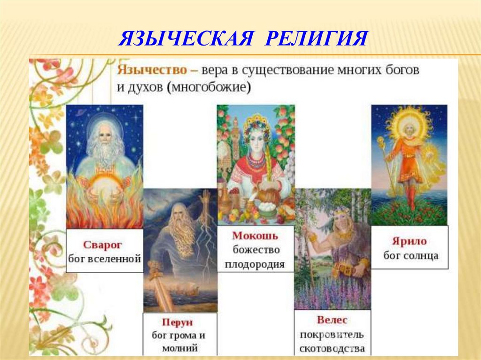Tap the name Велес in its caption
[x=332, y=320]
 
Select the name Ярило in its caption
[x=410, y=241]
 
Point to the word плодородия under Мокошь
[x=255, y=264]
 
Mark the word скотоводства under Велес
[x=332, y=349]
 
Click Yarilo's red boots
[x=411, y=197]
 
